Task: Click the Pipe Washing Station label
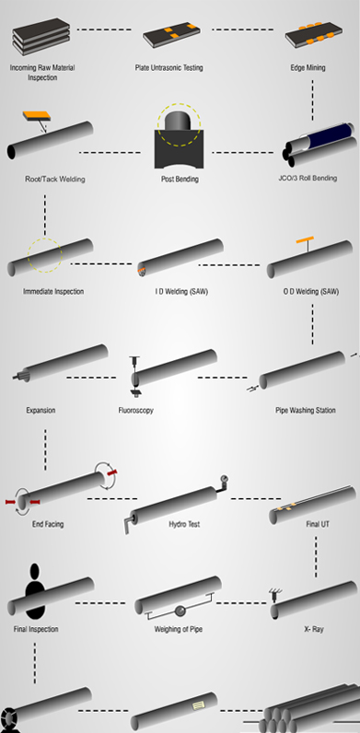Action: coord(305,410)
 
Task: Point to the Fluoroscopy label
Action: coord(135,410)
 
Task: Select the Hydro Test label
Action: coord(183,524)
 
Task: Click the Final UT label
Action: coord(318,524)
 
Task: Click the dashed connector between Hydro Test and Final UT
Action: coord(249,498)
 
